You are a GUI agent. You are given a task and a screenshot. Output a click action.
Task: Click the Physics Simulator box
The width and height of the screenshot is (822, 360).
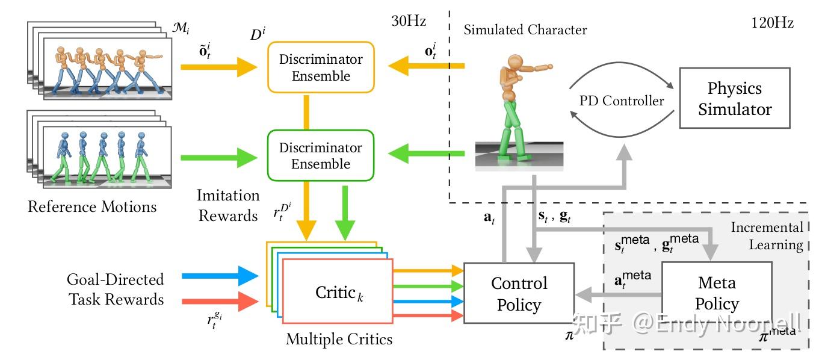(x=734, y=98)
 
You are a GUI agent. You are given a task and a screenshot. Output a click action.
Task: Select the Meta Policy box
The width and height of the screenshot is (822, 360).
(x=717, y=293)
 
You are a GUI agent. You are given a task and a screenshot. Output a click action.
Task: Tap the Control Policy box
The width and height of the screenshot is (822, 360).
(x=518, y=294)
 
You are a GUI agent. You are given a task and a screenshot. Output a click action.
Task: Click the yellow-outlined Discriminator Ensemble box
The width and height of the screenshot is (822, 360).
(x=320, y=67)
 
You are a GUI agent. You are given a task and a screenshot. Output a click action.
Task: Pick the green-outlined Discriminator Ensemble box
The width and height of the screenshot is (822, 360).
(x=320, y=155)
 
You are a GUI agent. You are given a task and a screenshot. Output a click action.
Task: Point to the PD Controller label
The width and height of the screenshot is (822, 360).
(x=622, y=101)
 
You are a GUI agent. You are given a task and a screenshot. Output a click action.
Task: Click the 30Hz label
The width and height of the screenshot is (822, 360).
(x=409, y=22)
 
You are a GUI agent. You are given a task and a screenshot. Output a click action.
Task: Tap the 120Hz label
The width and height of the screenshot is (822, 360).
(x=772, y=23)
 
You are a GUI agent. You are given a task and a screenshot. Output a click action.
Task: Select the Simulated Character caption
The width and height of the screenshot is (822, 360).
(x=525, y=29)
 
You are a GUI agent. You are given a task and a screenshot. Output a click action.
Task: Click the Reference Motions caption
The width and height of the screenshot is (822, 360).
(x=92, y=207)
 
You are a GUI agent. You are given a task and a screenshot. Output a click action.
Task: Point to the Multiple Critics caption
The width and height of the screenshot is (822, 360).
(x=339, y=339)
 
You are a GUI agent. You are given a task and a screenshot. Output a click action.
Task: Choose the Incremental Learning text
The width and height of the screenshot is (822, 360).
(x=767, y=236)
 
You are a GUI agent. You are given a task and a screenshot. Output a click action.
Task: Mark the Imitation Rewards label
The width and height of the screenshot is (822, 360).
(x=229, y=205)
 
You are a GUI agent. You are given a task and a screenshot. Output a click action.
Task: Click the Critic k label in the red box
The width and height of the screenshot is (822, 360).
(x=338, y=293)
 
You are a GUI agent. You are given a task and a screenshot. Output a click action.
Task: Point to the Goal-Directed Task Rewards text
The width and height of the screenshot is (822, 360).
(x=116, y=289)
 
